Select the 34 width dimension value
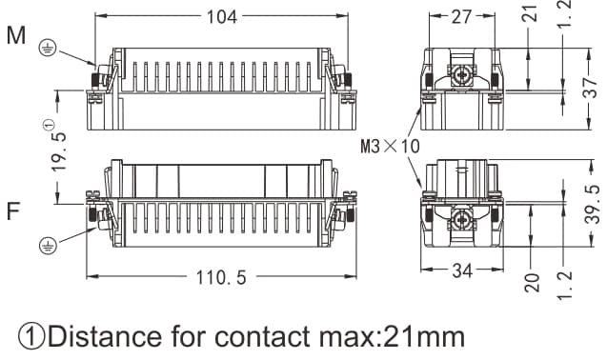tap(462, 271)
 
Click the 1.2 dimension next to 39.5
tap(569, 284)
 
